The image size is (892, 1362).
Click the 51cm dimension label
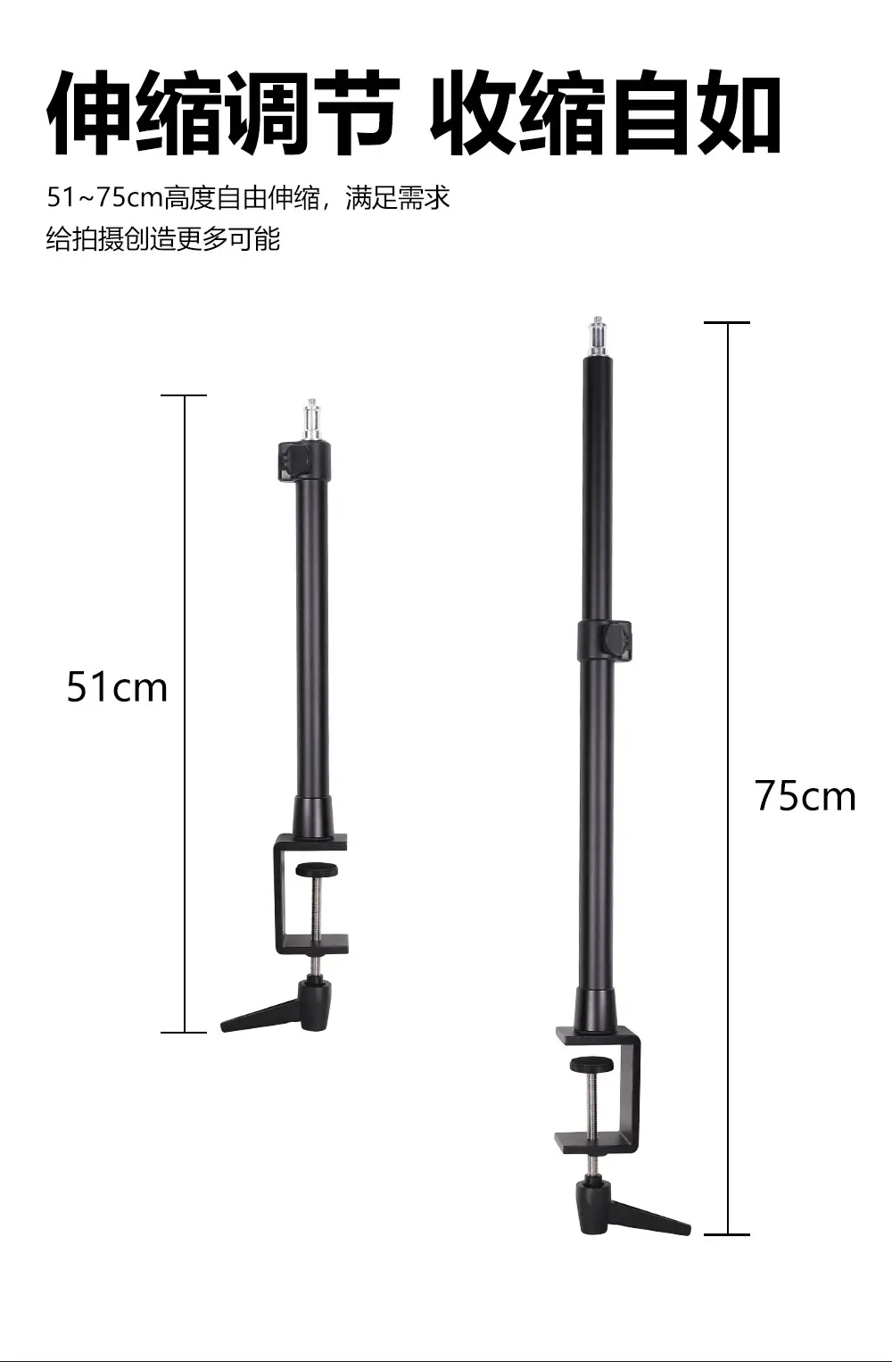click(x=117, y=687)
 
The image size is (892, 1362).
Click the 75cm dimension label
click(x=805, y=796)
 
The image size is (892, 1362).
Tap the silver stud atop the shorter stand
click(x=311, y=420)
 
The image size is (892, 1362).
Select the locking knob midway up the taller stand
click(x=617, y=640)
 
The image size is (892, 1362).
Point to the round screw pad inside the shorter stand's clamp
click(x=318, y=870)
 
